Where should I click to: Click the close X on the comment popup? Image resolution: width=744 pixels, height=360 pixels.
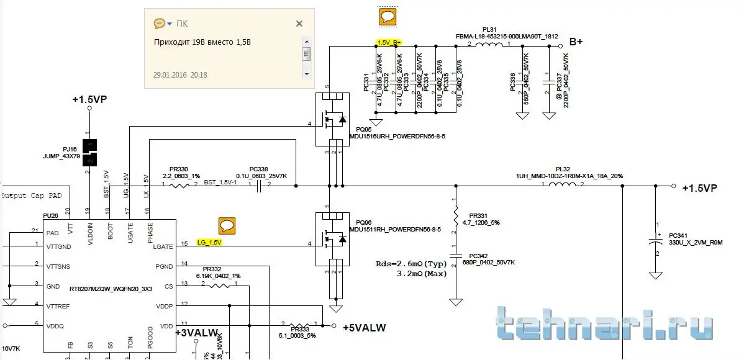click(299, 24)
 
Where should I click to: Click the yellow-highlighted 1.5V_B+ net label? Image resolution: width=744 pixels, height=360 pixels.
click(389, 42)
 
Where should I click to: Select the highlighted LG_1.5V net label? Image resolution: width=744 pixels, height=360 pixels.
click(209, 242)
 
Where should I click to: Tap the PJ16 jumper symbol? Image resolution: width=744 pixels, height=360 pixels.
click(91, 153)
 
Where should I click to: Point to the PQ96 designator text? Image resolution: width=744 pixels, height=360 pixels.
click(364, 222)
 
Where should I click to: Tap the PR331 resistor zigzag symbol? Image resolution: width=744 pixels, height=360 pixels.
click(456, 215)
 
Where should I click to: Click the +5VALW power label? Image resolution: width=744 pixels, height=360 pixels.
click(364, 327)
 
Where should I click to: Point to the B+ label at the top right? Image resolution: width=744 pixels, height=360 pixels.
click(576, 42)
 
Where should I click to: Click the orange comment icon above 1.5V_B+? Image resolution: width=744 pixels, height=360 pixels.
click(388, 17)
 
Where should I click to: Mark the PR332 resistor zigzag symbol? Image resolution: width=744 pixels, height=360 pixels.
click(220, 286)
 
